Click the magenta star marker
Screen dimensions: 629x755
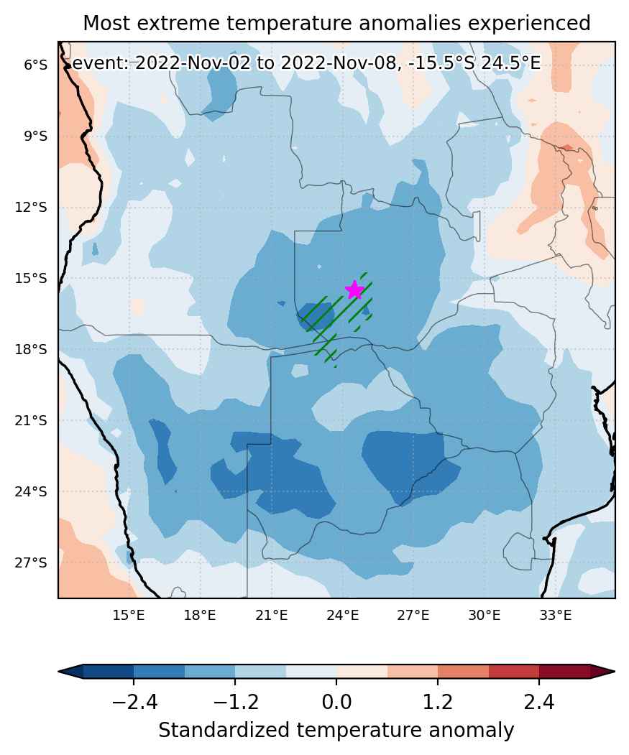354,290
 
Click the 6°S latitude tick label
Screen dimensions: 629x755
36,65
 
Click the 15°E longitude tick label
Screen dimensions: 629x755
129,615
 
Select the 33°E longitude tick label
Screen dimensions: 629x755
555,615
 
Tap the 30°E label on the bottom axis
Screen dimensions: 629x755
485,615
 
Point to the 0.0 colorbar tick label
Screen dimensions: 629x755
336,703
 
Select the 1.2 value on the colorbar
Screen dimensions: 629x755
438,703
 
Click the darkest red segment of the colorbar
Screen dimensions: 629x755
564,671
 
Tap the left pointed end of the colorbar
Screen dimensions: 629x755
59,671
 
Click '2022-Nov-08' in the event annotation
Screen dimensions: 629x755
336,63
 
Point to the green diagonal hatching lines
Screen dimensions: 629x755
337,318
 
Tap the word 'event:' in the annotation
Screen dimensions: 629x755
101,63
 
